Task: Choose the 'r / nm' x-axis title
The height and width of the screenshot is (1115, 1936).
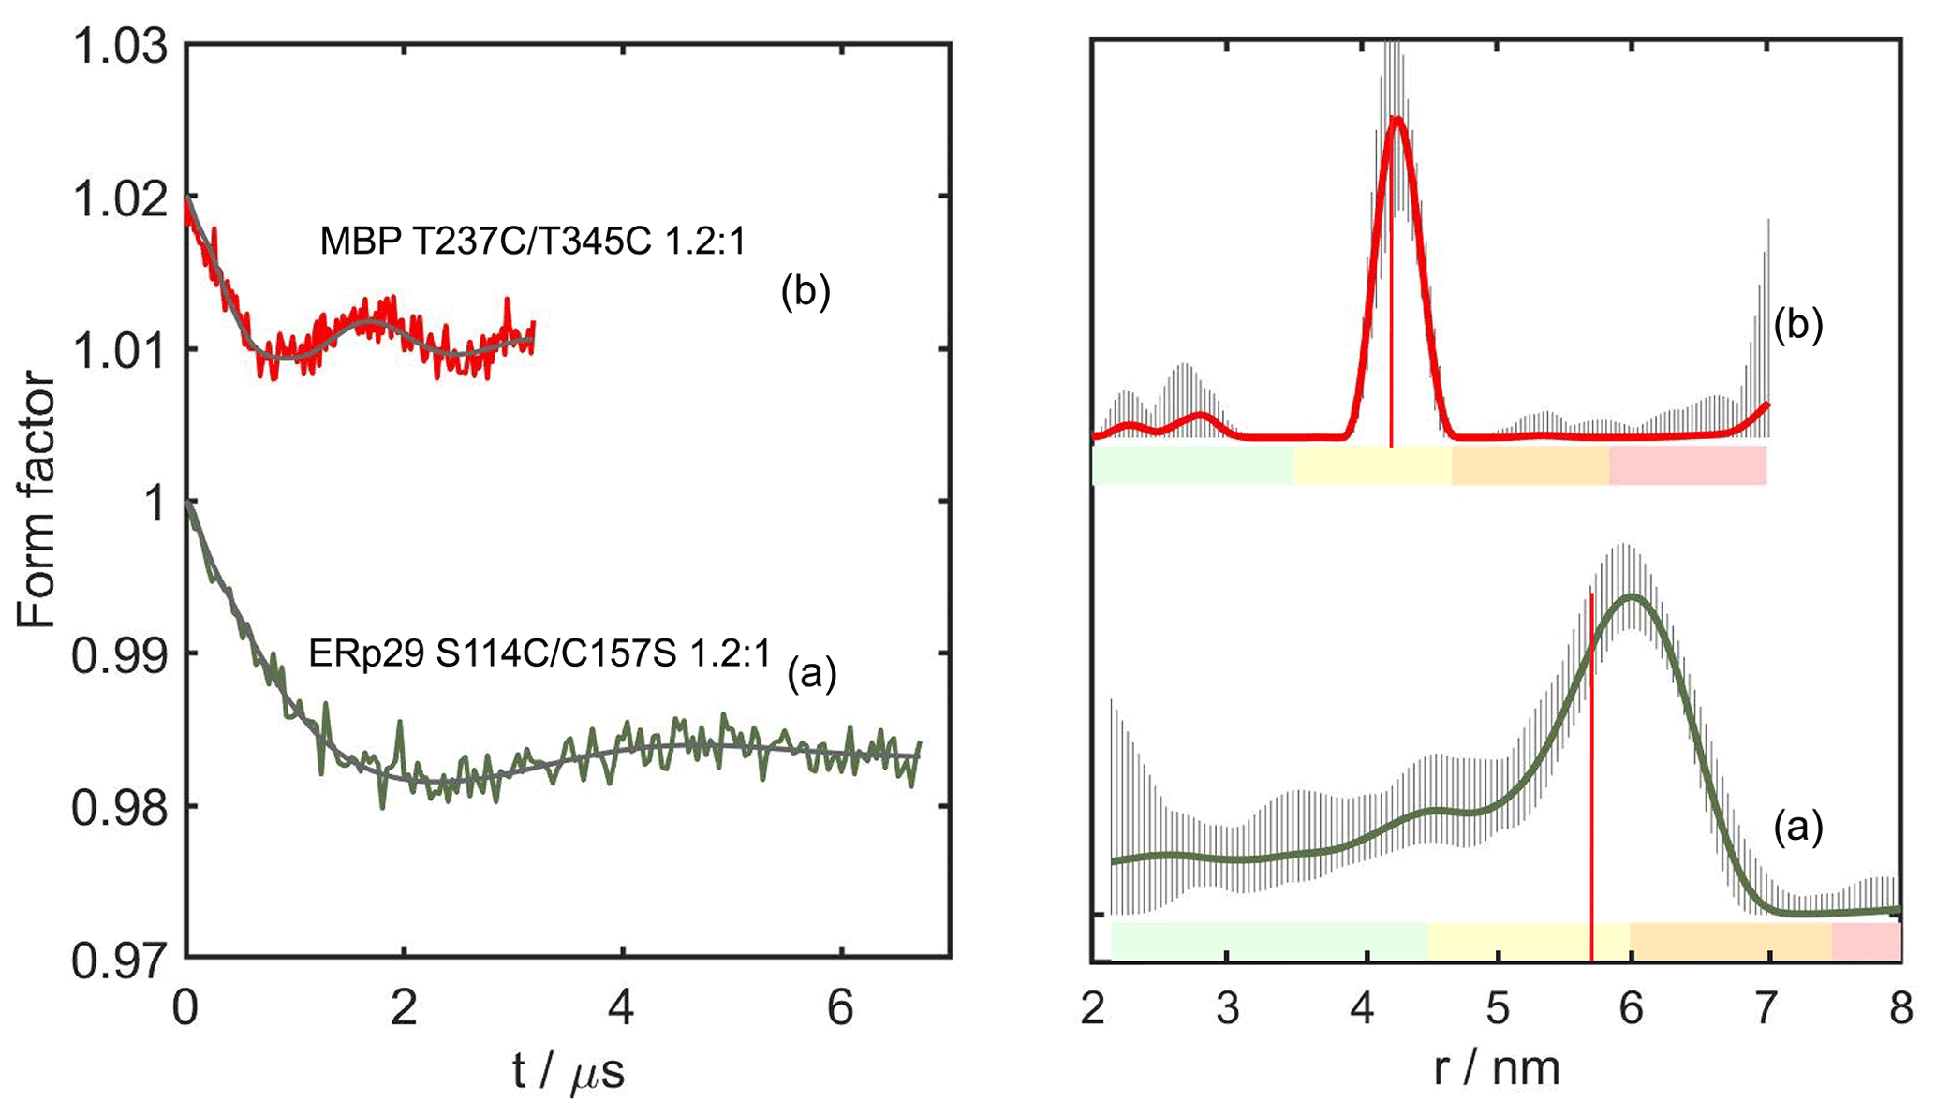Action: pos(1497,1068)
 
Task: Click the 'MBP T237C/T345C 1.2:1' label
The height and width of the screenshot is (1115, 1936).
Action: pos(533,242)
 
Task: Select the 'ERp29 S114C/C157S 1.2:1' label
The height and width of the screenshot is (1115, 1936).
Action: pos(539,654)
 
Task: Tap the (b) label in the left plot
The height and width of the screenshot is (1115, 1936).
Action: pos(805,293)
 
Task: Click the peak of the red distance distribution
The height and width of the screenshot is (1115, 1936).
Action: pos(1397,119)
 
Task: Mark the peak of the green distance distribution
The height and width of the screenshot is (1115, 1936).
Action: pos(1633,595)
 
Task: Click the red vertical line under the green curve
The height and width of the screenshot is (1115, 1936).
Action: pos(1591,796)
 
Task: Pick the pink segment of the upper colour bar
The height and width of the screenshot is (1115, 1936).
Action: pos(1688,465)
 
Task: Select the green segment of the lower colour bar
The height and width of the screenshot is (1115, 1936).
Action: pos(1269,941)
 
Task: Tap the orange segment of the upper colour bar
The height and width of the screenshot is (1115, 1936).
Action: pos(1530,465)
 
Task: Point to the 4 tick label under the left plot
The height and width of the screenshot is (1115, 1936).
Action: pos(622,1010)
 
